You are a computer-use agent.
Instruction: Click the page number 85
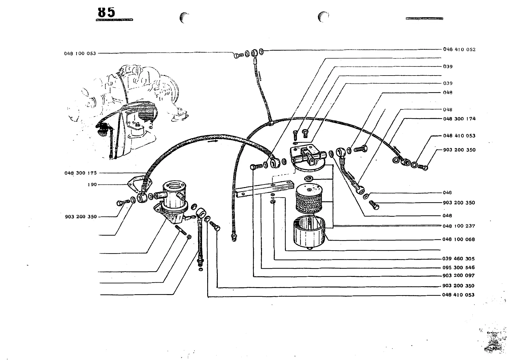[106, 12]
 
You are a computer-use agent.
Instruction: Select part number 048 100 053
[80, 54]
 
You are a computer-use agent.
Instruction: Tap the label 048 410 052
[459, 50]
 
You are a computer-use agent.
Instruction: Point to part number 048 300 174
[459, 119]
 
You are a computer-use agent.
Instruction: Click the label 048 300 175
[80, 173]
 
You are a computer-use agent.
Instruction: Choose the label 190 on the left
[92, 184]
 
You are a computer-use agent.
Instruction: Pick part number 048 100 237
[459, 226]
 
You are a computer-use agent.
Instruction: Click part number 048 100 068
[459, 239]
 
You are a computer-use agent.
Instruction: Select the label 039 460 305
[458, 259]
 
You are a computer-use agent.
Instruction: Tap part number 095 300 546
[458, 268]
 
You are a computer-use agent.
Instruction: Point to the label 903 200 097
[458, 276]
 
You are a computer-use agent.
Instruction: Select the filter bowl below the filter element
[309, 233]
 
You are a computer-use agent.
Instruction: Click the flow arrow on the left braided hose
[213, 141]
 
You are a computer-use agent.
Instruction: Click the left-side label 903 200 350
[81, 217]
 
